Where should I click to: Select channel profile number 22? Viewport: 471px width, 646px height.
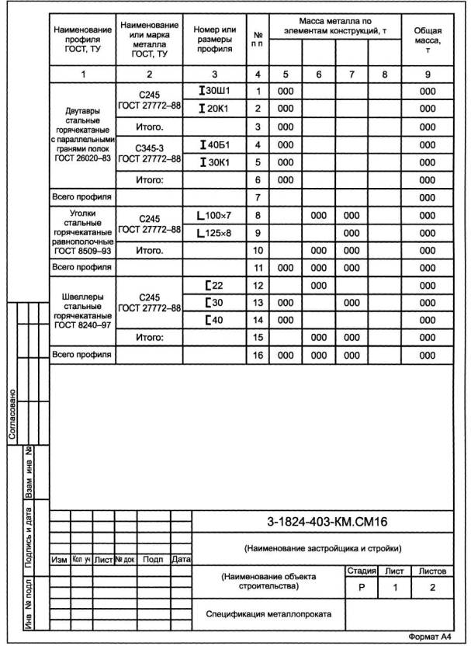point(214,285)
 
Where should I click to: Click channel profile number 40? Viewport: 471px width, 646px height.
point(214,320)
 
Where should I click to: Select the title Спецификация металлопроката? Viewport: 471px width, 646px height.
point(268,614)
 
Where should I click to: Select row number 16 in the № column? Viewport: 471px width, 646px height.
point(258,355)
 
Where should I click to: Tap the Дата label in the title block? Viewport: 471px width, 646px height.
point(181,558)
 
